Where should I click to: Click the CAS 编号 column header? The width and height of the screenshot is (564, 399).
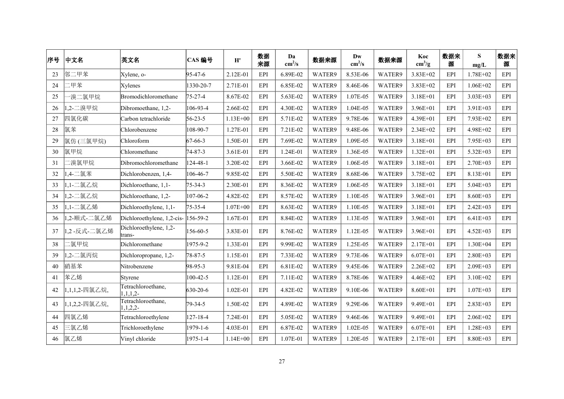(199, 60)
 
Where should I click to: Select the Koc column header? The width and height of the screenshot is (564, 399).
(423, 60)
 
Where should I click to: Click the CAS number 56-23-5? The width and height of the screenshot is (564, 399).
(196, 119)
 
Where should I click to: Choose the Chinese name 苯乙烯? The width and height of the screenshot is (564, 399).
(74, 277)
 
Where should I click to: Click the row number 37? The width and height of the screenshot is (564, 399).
(55, 231)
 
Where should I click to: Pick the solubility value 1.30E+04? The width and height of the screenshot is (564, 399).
(479, 244)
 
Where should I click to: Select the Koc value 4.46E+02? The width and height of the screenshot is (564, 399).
(423, 277)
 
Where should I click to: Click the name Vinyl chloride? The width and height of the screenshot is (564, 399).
(138, 339)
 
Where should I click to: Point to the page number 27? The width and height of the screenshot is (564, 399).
(282, 361)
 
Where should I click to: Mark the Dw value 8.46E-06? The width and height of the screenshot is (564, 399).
(357, 85)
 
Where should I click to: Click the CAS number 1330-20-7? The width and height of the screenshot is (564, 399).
(199, 85)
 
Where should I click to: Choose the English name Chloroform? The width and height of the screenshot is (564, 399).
(135, 141)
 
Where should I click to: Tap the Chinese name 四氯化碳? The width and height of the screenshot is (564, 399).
(76, 119)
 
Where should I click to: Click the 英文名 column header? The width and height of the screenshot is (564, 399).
(130, 60)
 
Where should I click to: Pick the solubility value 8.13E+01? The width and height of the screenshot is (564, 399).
(479, 174)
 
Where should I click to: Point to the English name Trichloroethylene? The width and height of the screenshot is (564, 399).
(142, 328)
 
